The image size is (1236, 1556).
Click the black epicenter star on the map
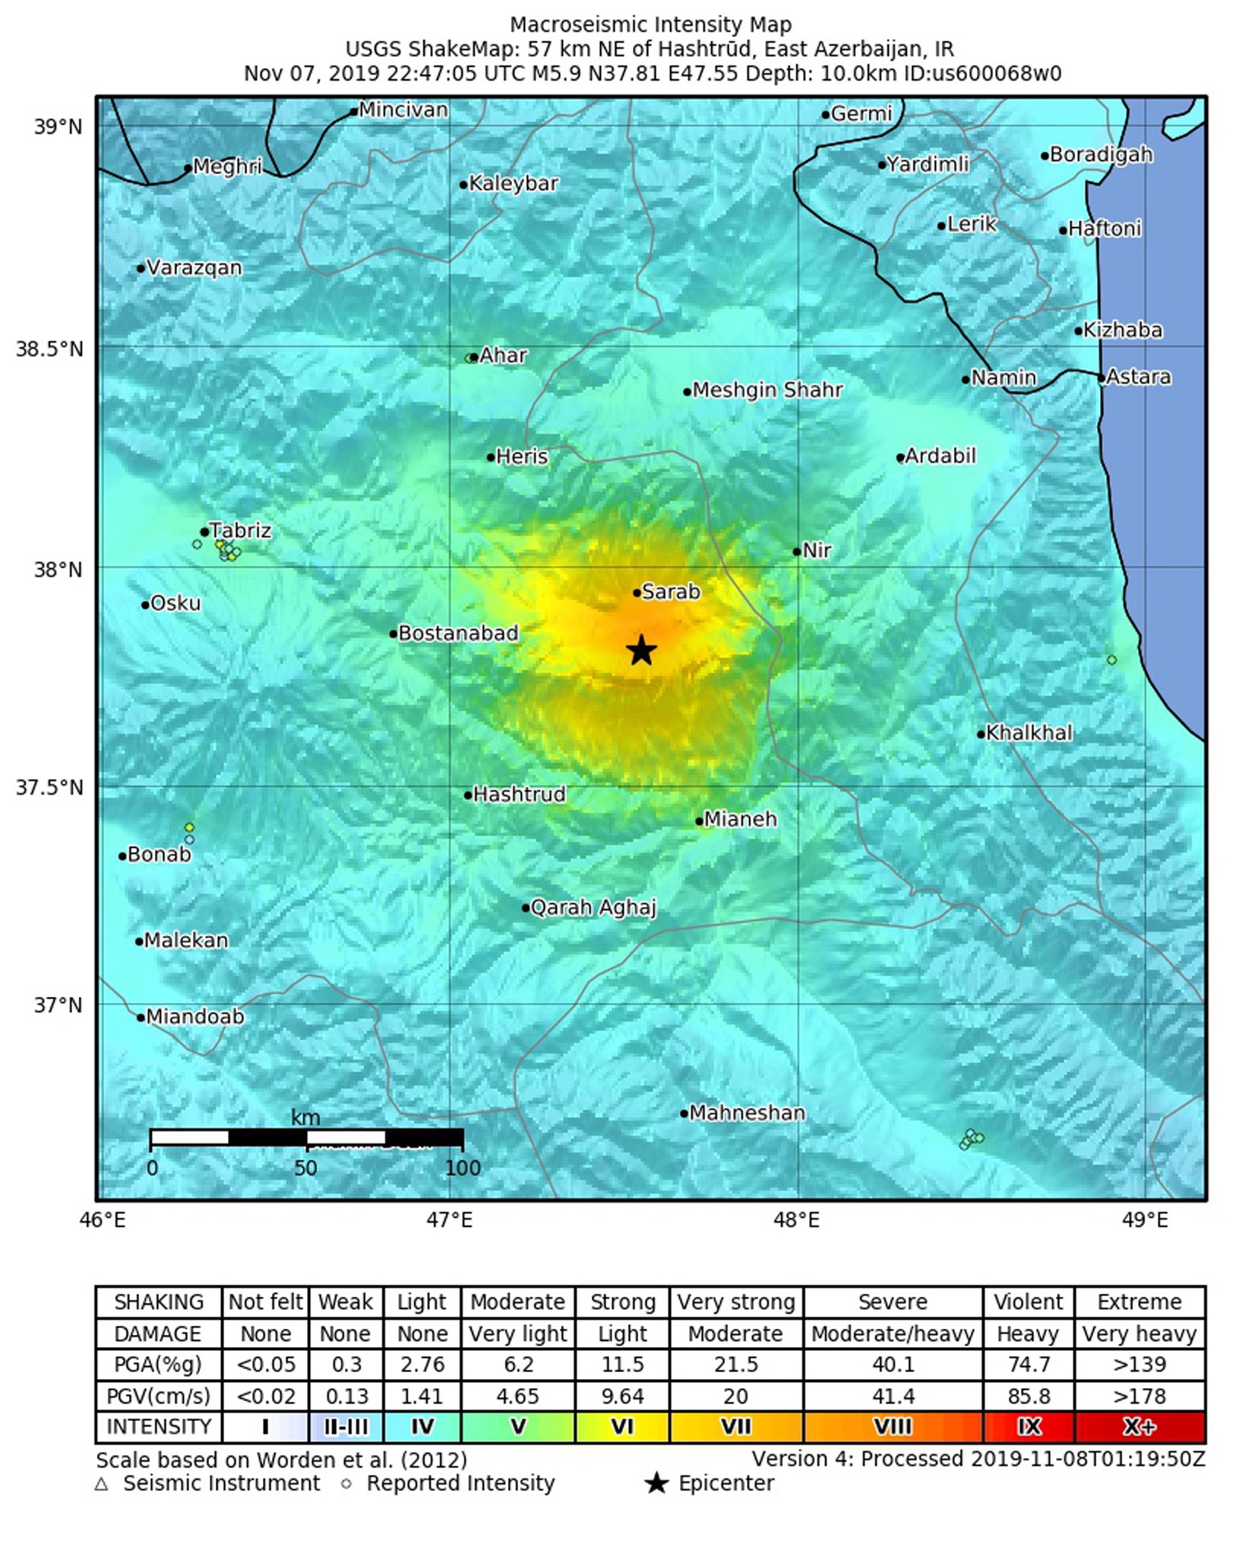pos(642,650)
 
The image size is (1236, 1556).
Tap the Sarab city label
pos(670,592)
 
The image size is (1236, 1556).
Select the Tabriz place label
pos(240,530)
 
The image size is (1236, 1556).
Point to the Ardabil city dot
pos(900,457)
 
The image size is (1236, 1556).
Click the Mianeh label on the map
pos(740,819)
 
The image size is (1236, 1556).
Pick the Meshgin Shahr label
pos(767,391)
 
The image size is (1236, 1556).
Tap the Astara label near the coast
pos(1138,377)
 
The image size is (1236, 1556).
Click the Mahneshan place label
pos(747,1113)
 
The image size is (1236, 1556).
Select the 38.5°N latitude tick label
pos(49,349)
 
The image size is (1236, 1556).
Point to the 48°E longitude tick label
pos(797,1220)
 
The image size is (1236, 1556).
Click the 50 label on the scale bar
pos(305,1168)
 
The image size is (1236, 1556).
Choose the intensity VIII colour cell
pos(893,1427)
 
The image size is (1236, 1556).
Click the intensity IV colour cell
pos(422,1427)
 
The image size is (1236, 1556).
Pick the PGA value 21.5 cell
pos(735,1365)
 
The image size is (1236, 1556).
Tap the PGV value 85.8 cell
pos(1029,1396)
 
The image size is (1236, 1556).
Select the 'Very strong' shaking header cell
pos(735,1302)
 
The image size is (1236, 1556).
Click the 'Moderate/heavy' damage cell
pos(893,1334)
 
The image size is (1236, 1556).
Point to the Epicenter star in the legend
pos(656,1484)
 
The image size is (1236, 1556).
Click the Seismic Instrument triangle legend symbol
pos(102,1484)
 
